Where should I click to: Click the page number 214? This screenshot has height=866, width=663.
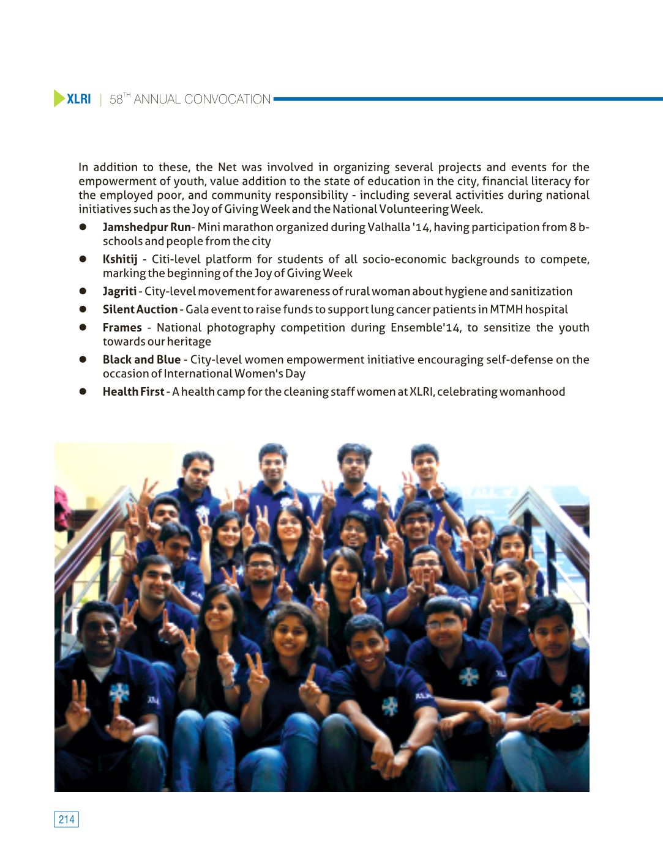[x=66, y=820]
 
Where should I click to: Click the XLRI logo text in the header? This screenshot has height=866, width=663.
[x=78, y=99]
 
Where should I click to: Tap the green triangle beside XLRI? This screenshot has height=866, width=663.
[x=59, y=98]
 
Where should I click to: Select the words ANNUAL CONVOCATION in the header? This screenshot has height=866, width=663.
[x=202, y=99]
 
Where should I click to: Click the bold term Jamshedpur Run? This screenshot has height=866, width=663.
[x=146, y=228]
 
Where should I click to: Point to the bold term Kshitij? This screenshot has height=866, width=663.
[x=120, y=259]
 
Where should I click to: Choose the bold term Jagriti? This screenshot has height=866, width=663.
[x=119, y=292]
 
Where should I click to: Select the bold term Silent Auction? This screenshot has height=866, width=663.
[x=140, y=309]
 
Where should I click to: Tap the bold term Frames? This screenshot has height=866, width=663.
[x=122, y=328]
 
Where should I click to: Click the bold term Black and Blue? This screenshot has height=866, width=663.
[x=141, y=360]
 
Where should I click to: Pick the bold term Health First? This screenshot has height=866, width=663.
[x=133, y=392]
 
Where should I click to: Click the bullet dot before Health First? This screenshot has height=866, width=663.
[x=82, y=392]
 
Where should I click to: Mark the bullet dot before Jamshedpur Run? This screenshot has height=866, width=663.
[x=82, y=228]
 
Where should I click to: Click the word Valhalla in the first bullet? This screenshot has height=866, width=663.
[x=389, y=228]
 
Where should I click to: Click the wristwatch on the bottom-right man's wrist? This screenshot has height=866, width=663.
[x=575, y=717]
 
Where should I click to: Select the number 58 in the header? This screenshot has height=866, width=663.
[x=116, y=100]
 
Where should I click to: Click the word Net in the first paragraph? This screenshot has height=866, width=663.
[x=227, y=168]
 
